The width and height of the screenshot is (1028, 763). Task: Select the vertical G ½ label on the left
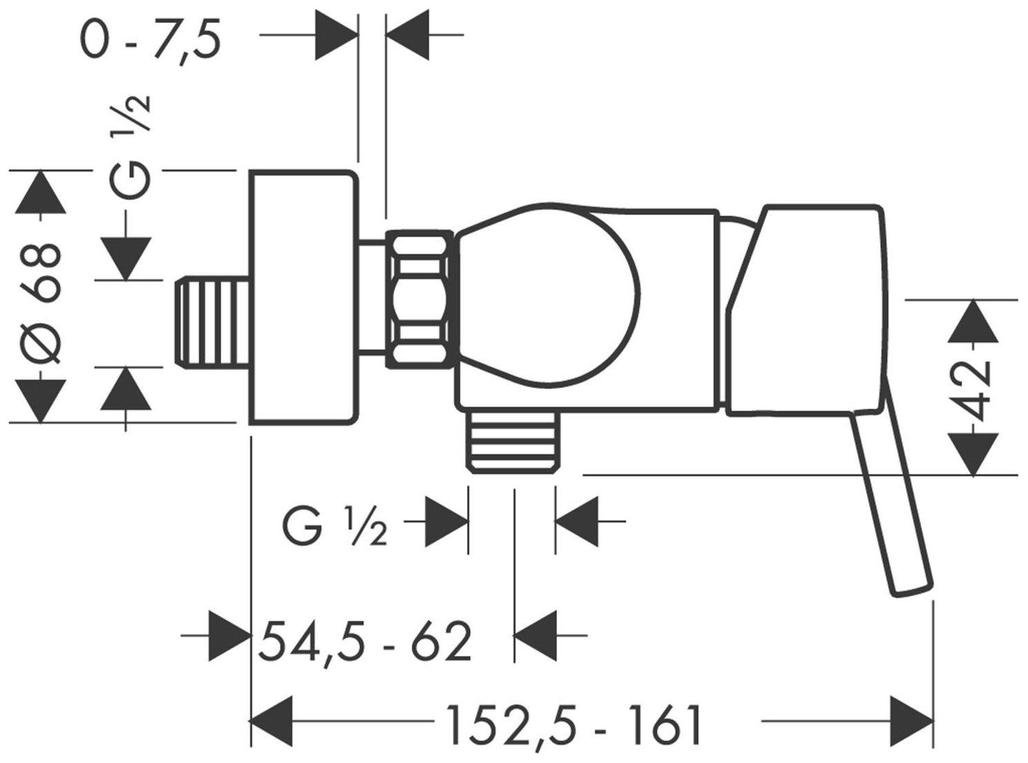coord(129,146)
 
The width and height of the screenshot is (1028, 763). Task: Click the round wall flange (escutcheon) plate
coord(304,298)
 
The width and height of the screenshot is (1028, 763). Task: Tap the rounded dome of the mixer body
coord(548,295)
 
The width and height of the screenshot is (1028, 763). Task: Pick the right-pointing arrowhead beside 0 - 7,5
coord(337,34)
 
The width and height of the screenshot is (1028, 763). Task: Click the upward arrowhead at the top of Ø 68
coord(41,192)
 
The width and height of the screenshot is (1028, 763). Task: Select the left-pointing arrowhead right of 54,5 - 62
coord(535,635)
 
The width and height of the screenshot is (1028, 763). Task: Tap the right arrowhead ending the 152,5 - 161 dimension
coord(912,734)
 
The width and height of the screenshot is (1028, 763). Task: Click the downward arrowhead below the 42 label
coord(973,454)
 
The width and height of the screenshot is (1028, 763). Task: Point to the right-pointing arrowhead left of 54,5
coord(229,635)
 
